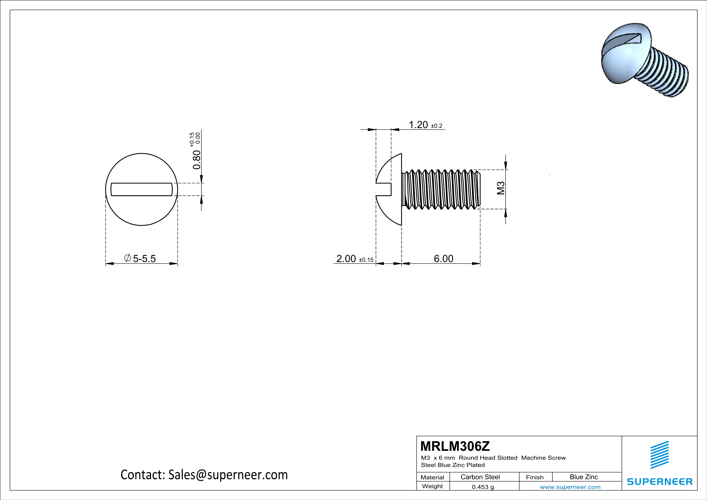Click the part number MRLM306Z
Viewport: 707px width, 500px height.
pos(455,446)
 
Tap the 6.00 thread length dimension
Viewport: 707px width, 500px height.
pos(444,259)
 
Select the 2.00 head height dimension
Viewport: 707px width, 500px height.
pos(346,259)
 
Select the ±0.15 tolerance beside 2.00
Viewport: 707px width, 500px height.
pos(366,260)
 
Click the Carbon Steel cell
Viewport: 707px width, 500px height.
pos(480,477)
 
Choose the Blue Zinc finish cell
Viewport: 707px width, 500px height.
pos(583,477)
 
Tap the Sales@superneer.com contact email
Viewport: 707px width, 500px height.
pos(228,475)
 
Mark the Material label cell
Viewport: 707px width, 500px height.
pos(432,477)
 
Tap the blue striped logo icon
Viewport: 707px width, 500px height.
pos(659,455)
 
